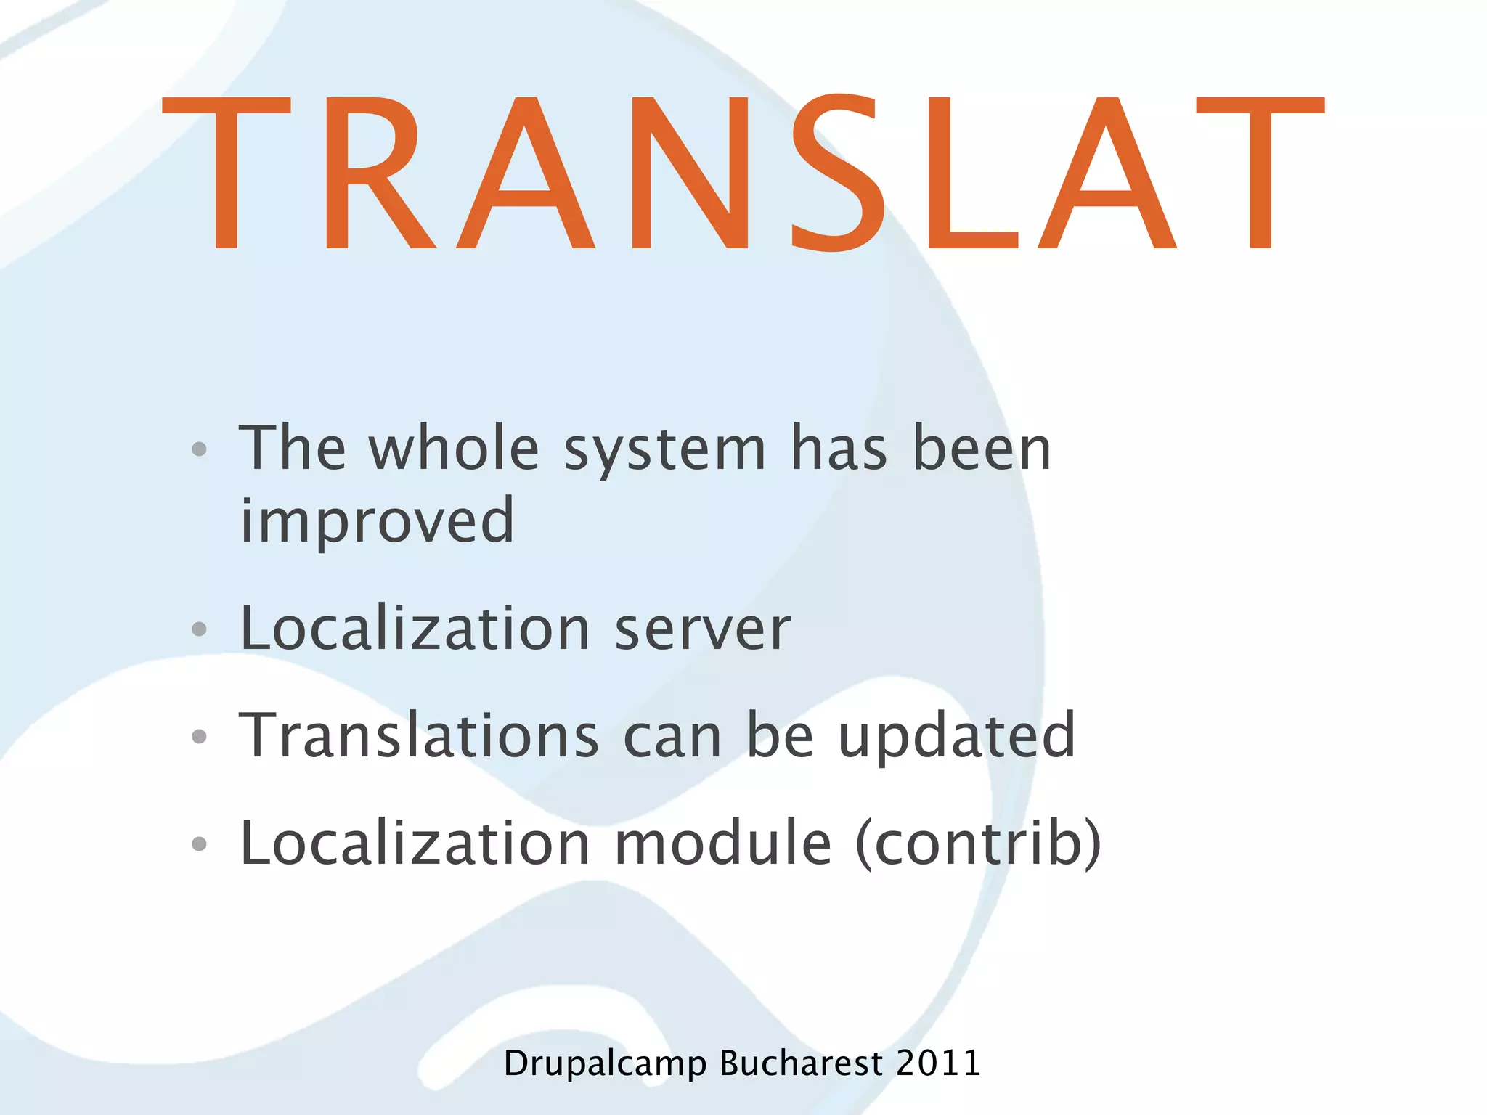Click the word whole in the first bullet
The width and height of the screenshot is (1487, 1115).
454,448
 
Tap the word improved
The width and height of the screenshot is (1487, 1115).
377,521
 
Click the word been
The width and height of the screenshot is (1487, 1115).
982,448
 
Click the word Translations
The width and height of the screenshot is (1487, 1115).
419,735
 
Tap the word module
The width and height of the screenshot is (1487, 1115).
723,843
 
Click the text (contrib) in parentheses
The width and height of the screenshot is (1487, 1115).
978,843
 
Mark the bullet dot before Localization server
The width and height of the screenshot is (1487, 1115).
200,629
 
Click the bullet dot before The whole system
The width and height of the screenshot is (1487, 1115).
200,449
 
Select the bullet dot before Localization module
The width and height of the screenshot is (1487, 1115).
200,844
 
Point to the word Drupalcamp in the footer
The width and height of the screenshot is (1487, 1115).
605,1064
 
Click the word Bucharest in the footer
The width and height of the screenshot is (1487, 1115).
801,1063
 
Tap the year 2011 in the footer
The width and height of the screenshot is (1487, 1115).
938,1063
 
